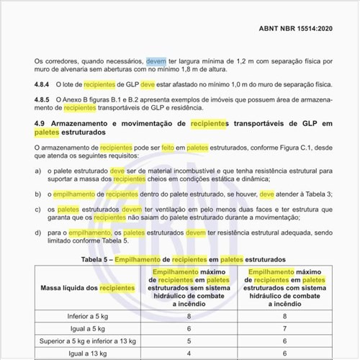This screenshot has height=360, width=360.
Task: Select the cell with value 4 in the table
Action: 189,354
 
